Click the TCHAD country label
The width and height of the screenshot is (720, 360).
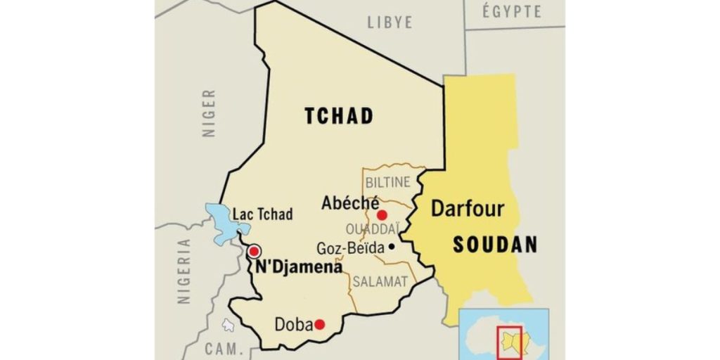coord(338,116)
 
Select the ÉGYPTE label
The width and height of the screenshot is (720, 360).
coord(513,12)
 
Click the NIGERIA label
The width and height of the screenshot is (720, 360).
coord(184,271)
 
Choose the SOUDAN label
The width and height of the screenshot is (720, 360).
coord(495,245)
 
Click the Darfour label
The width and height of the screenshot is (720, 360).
coord(467,209)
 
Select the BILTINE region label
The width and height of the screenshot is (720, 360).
coord(387,182)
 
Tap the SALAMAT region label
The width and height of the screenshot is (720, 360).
coord(380,281)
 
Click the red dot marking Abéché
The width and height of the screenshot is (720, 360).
coord(382,215)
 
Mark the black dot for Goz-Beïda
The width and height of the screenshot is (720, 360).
coord(391,247)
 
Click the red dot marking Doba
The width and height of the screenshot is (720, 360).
coord(319,324)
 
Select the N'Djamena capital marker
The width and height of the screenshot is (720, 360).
coord(255,251)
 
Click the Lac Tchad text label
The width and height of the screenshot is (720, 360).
coord(264,214)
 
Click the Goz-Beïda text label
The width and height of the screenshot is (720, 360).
coord(350,248)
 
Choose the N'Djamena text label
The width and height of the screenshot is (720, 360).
coord(299,267)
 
